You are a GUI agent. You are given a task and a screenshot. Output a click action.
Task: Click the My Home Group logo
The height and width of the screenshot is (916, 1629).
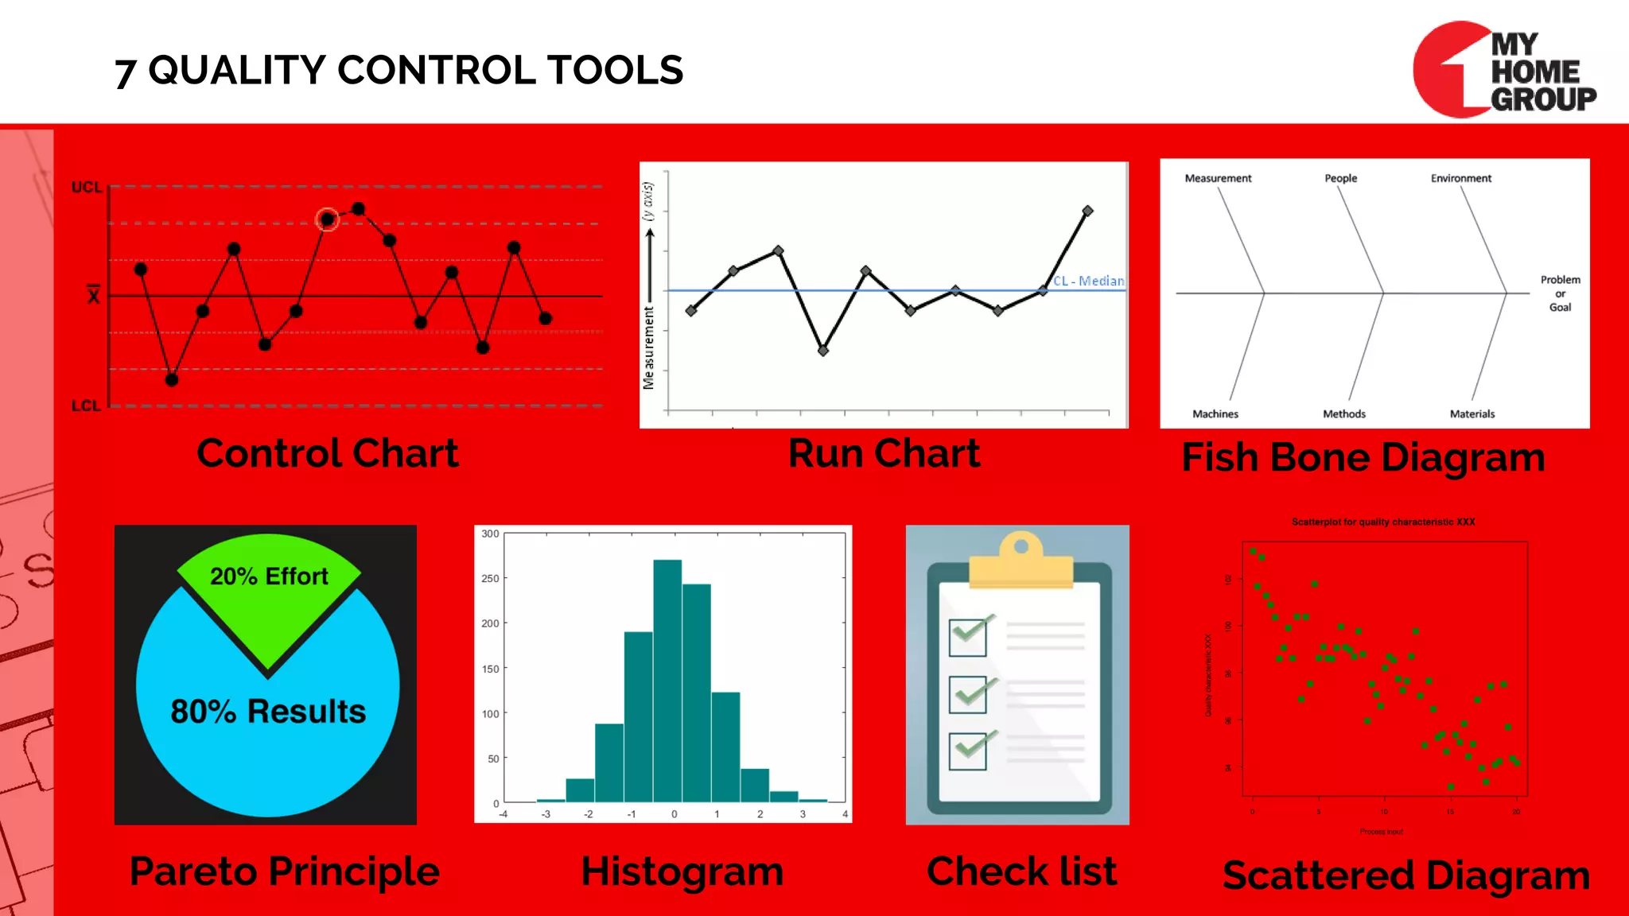click(1504, 70)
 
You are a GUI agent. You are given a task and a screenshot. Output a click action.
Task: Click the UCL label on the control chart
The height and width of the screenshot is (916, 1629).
click(87, 188)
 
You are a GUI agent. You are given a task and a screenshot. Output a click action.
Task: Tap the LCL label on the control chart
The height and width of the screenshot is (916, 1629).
click(86, 406)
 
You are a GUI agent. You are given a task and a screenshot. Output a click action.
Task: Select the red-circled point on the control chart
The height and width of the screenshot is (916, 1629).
click(327, 219)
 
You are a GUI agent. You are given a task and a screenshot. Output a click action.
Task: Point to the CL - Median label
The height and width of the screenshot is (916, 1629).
click(1088, 281)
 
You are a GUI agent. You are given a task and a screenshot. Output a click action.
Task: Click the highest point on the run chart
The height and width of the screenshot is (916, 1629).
click(1087, 211)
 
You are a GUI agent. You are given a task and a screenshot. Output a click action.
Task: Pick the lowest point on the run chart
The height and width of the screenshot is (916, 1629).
click(822, 350)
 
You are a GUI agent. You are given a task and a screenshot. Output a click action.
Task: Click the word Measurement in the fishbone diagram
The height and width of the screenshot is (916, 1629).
click(1218, 178)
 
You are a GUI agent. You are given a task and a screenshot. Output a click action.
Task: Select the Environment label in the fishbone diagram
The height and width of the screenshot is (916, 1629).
click(1460, 178)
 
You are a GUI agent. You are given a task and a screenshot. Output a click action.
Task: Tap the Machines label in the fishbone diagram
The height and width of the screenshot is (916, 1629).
click(1215, 413)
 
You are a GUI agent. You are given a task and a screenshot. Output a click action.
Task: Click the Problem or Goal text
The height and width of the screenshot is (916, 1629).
click(1560, 293)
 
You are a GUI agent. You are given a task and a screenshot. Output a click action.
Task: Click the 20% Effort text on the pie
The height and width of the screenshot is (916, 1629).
click(269, 576)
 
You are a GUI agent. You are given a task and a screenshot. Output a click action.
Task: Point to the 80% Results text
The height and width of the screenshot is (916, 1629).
click(268, 711)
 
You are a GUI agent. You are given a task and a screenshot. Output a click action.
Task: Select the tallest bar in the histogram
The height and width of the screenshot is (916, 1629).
click(667, 680)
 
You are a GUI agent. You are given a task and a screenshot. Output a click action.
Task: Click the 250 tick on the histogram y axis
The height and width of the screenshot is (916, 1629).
click(490, 578)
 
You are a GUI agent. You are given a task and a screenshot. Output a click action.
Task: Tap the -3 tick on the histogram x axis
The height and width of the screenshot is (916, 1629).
click(546, 814)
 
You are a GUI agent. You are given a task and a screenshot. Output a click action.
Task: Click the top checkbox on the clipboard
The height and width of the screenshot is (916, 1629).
click(968, 637)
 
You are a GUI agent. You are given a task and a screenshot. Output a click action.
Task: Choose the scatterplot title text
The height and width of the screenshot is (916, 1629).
click(1383, 522)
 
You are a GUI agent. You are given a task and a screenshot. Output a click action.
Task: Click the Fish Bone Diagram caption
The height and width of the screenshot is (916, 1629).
click(1363, 458)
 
